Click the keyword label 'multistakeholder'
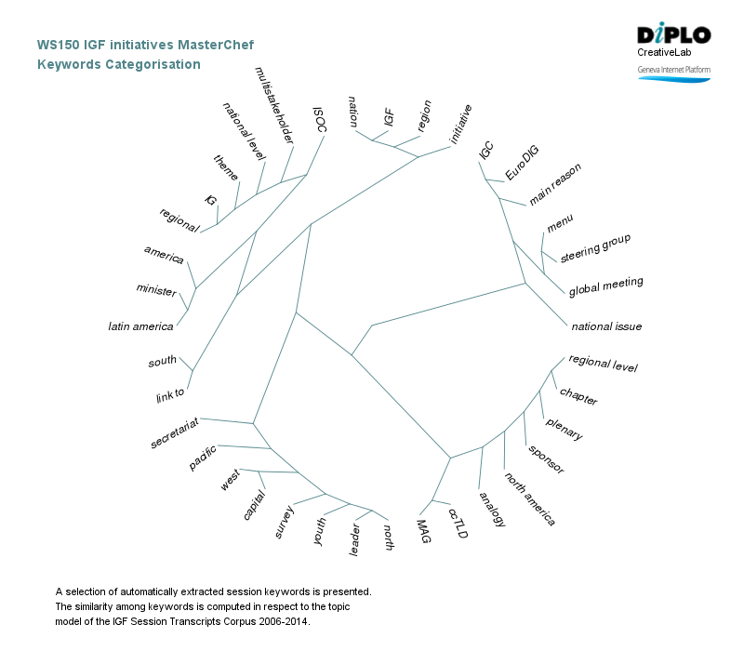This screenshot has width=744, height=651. [274, 105]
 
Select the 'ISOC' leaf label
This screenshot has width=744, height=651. [319, 118]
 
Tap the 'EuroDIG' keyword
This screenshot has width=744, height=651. [522, 163]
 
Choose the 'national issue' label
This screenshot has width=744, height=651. [606, 326]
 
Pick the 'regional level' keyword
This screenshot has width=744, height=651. [603, 364]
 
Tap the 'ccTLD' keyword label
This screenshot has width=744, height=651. [458, 523]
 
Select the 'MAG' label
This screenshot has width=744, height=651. [423, 532]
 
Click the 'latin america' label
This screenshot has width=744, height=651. [140, 326]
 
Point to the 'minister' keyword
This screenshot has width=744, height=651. [156, 290]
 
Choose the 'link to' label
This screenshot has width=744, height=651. [170, 397]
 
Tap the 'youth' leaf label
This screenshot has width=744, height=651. [320, 533]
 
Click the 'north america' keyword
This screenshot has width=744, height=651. [530, 498]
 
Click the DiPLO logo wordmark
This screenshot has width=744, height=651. [674, 35]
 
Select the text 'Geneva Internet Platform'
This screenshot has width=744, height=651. [673, 70]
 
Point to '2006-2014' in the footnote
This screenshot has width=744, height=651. [282, 620]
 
